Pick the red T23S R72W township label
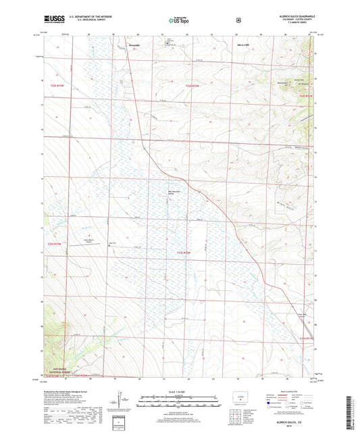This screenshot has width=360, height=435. click(184, 253)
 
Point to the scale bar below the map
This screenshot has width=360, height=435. click(180, 399)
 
